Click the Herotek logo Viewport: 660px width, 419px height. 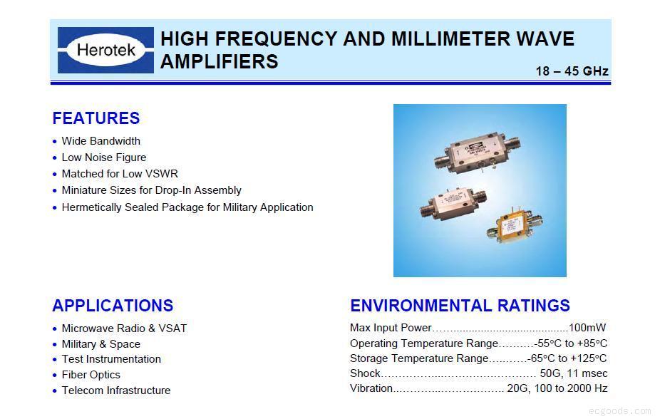[x=105, y=50]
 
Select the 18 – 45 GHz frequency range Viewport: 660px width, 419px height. [x=572, y=71]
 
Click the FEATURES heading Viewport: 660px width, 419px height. [x=96, y=118]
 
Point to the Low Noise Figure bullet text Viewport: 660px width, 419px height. [x=103, y=157]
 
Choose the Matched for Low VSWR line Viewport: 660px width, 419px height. [x=120, y=174]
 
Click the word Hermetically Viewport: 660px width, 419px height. [x=92, y=207]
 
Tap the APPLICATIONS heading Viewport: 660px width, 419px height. [x=113, y=306]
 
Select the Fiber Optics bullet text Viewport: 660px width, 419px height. [x=91, y=375]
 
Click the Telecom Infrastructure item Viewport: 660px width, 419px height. [x=115, y=390]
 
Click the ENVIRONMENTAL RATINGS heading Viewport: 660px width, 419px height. [x=460, y=306]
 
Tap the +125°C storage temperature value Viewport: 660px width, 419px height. [x=591, y=358]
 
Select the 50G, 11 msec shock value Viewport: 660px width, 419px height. [x=573, y=373]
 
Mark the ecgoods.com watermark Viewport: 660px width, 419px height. [x=620, y=411]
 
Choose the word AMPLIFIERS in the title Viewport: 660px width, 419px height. [x=219, y=62]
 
